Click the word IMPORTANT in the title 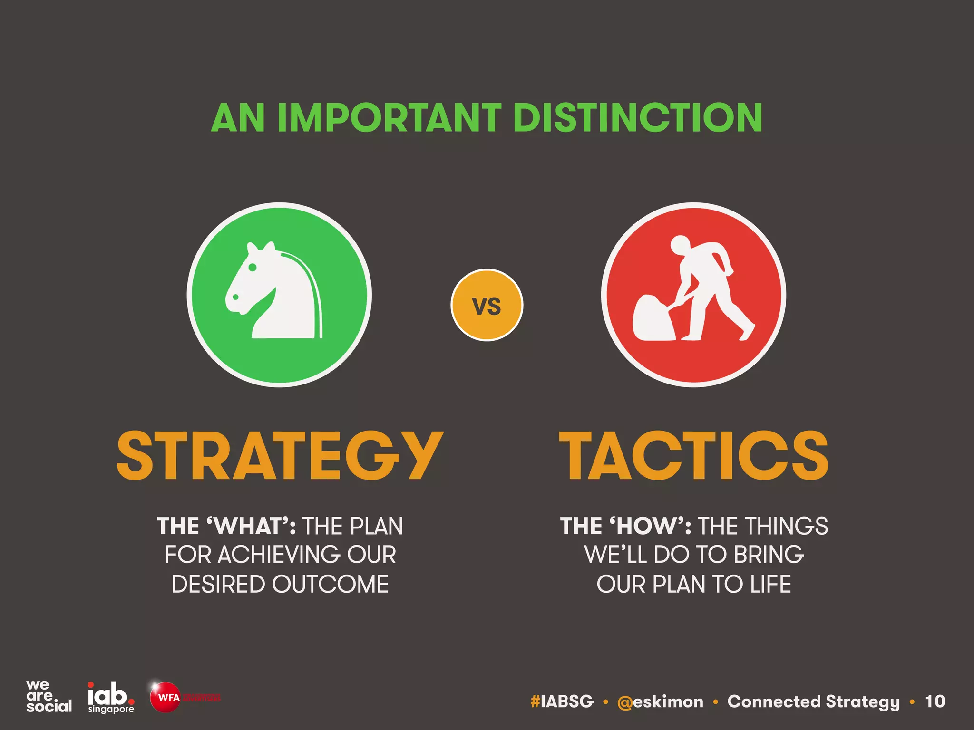click(389, 118)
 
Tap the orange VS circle click(487, 305)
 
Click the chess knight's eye click(253, 268)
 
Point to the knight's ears click(261, 248)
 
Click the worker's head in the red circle click(680, 244)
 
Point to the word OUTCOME click(330, 584)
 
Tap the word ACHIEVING click(279, 555)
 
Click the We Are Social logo click(49, 696)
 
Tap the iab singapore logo click(111, 697)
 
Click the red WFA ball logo click(165, 697)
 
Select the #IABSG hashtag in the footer click(562, 701)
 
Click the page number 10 click(935, 701)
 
